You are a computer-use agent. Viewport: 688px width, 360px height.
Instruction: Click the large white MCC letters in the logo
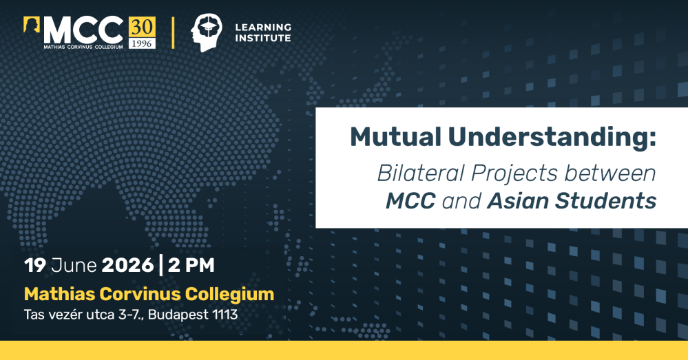click(83, 30)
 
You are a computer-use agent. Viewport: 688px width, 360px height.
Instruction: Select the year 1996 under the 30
click(142, 43)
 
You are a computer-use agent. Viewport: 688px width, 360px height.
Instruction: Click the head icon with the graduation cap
click(206, 32)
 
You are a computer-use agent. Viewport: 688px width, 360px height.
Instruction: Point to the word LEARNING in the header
click(263, 27)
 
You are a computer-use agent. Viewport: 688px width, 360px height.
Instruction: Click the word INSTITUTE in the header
click(263, 38)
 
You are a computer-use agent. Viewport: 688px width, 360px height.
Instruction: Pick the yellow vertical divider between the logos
click(173, 32)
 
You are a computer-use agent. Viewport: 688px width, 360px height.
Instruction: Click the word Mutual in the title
click(395, 137)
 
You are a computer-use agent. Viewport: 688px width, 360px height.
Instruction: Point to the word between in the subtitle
click(610, 173)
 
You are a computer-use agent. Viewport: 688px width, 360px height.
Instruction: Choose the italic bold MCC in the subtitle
click(410, 201)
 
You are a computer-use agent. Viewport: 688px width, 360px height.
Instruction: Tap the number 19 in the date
click(35, 265)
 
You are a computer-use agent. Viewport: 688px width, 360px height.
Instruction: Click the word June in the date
click(74, 265)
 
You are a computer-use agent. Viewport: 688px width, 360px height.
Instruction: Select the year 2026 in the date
click(127, 265)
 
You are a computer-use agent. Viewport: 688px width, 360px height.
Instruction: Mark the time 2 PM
click(191, 265)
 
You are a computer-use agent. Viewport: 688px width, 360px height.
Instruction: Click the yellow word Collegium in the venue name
click(229, 294)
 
